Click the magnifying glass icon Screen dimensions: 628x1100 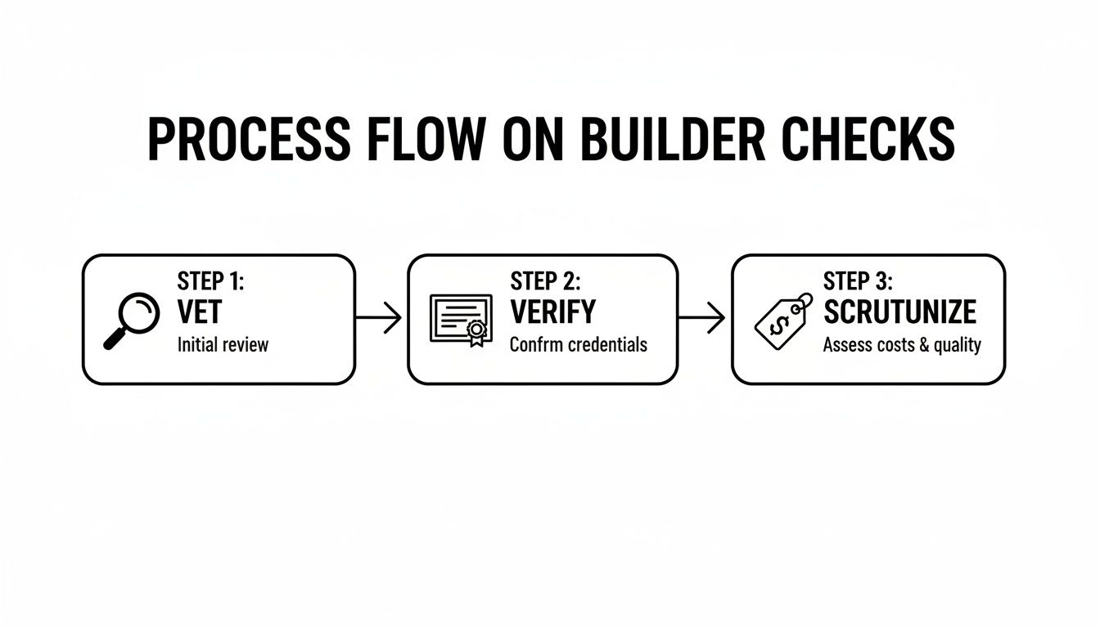coord(133,321)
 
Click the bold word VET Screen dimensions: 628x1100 coord(199,312)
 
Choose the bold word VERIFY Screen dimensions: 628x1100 coord(553,312)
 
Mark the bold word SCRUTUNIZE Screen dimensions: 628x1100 coord(899,312)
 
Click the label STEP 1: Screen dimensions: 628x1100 coord(211,281)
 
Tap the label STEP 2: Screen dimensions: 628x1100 coord(546,281)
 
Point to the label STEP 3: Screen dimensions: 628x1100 coord(859,281)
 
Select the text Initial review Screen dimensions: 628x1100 coord(223,344)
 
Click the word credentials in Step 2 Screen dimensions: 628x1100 coord(604,344)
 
